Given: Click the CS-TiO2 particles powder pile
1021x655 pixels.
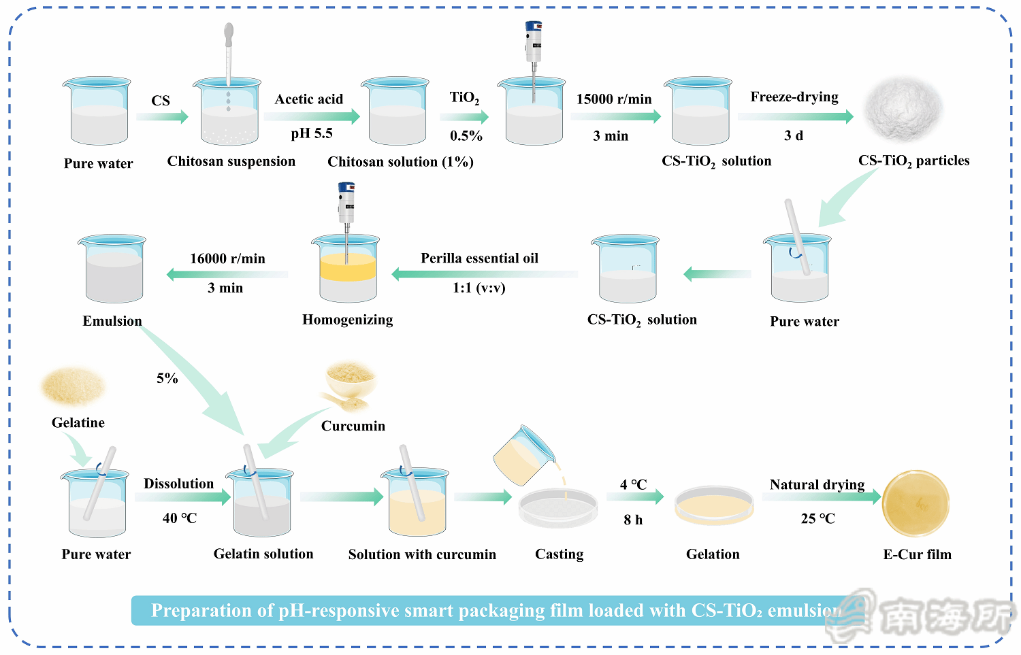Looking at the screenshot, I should point(903,109).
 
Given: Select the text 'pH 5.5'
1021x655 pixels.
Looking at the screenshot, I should point(312,133).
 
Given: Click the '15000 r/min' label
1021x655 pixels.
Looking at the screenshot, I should point(614,99).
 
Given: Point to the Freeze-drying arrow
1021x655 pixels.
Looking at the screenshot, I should point(795,116).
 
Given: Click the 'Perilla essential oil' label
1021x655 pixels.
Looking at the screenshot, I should point(479,258).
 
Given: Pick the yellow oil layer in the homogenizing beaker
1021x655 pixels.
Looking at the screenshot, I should point(348,268).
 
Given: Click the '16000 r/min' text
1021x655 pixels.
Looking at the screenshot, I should point(227,258).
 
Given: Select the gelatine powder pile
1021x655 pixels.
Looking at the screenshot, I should point(73,386).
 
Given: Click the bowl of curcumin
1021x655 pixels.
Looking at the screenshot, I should point(351,378).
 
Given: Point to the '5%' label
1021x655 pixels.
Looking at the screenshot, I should point(167,378).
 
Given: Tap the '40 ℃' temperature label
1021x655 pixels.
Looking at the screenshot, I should point(180,518).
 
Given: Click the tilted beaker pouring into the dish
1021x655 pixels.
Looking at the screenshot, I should point(523,455).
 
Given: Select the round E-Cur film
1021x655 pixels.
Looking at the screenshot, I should point(915,503).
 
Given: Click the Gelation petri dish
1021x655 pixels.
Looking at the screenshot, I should point(714,506).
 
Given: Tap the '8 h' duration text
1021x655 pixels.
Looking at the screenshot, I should point(633,520).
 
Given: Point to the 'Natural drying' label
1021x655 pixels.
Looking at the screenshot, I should point(817,484).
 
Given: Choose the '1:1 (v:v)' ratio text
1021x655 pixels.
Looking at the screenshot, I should point(479,288).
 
